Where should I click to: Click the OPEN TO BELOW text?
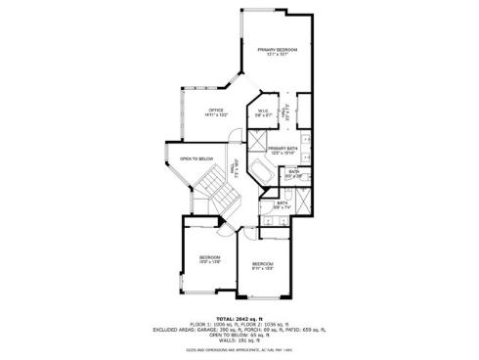(x=196, y=158)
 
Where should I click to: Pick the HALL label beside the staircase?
(x=233, y=167)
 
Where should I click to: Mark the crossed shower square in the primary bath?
(x=255, y=150)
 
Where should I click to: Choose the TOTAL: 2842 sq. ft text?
(x=239, y=318)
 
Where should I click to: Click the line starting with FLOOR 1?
(x=239, y=324)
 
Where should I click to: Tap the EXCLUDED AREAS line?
(x=239, y=330)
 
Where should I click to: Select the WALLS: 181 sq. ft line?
(x=239, y=340)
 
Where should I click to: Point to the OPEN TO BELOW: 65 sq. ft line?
(x=239, y=336)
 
